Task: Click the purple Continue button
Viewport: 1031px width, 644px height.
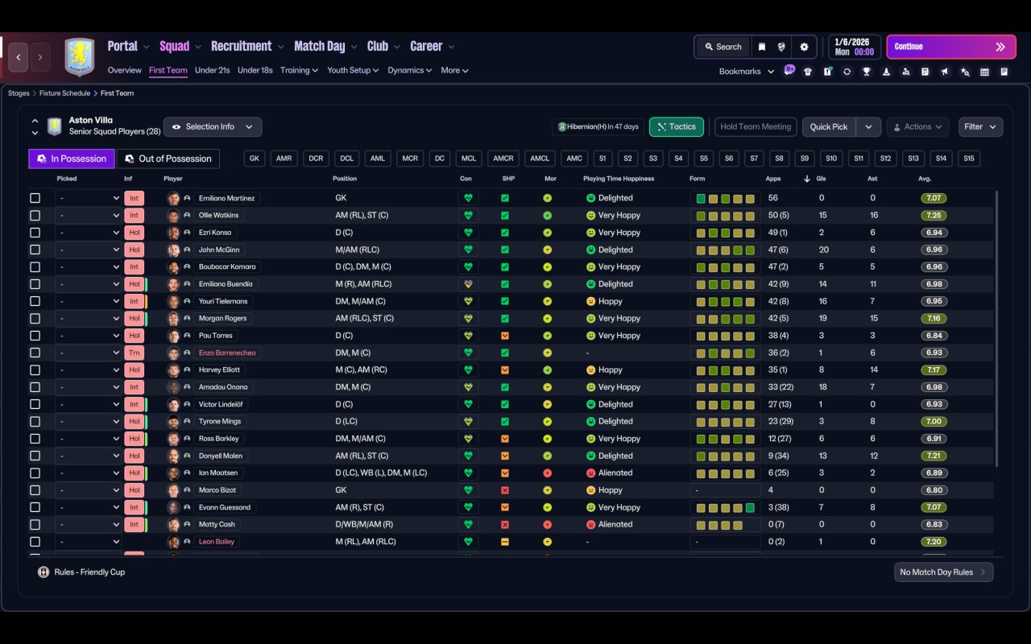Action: pyautogui.click(x=951, y=47)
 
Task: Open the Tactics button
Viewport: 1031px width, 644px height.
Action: pyautogui.click(x=676, y=126)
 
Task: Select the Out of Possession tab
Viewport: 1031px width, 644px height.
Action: pyautogui.click(x=168, y=159)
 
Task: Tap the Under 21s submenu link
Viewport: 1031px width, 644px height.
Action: pyautogui.click(x=212, y=70)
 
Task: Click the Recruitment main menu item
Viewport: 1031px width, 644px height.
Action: pyautogui.click(x=242, y=46)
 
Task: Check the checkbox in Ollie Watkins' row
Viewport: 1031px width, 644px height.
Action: pyautogui.click(x=35, y=215)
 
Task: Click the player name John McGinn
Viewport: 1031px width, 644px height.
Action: pyautogui.click(x=219, y=250)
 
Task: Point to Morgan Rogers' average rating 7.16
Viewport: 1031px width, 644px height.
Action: pyautogui.click(x=934, y=318)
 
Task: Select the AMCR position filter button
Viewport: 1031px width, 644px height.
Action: pyautogui.click(x=503, y=159)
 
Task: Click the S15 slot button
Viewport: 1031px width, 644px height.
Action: pyautogui.click(x=969, y=159)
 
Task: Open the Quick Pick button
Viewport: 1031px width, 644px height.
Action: pyautogui.click(x=829, y=126)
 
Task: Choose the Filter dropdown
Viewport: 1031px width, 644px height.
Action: pyautogui.click(x=980, y=126)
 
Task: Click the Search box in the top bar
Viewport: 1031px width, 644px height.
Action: pyautogui.click(x=723, y=47)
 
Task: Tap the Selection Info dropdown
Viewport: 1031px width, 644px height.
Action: pyautogui.click(x=213, y=126)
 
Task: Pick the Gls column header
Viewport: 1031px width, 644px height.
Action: pyautogui.click(x=821, y=179)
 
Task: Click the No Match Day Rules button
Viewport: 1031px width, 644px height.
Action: pyautogui.click(x=943, y=572)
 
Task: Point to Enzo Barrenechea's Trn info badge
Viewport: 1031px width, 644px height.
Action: pyautogui.click(x=134, y=353)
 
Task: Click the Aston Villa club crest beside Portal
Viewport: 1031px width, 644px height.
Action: pyautogui.click(x=80, y=56)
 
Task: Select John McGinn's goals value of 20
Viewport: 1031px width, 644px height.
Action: pyautogui.click(x=824, y=250)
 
